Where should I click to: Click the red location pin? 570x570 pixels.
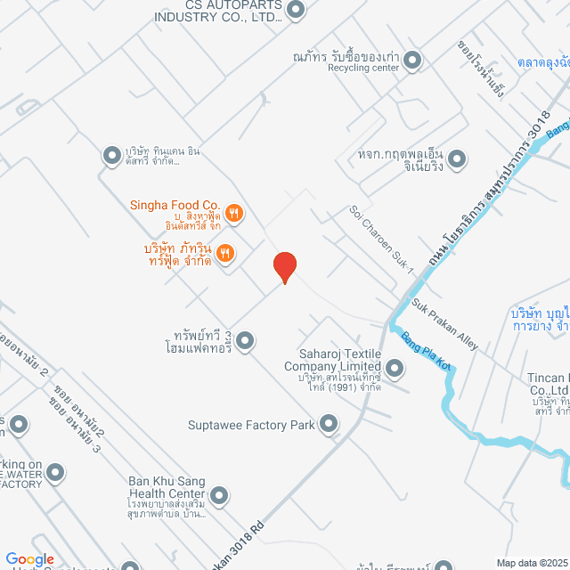(284, 266)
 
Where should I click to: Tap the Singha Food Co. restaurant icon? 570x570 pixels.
(234, 212)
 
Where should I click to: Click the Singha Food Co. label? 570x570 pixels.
(175, 206)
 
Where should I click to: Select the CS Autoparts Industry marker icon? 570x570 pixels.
(296, 11)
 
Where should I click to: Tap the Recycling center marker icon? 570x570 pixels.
(412, 61)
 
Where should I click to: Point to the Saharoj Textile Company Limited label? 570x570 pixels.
(333, 360)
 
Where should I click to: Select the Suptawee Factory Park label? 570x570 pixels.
(251, 425)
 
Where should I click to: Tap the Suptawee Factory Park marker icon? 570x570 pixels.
(330, 424)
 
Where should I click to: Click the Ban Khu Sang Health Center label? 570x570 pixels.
(167, 487)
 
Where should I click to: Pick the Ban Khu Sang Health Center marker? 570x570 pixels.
(219, 493)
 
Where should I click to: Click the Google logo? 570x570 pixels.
(30, 559)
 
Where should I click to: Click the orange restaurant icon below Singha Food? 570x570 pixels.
(225, 253)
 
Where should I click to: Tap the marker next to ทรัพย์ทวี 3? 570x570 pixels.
(245, 339)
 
